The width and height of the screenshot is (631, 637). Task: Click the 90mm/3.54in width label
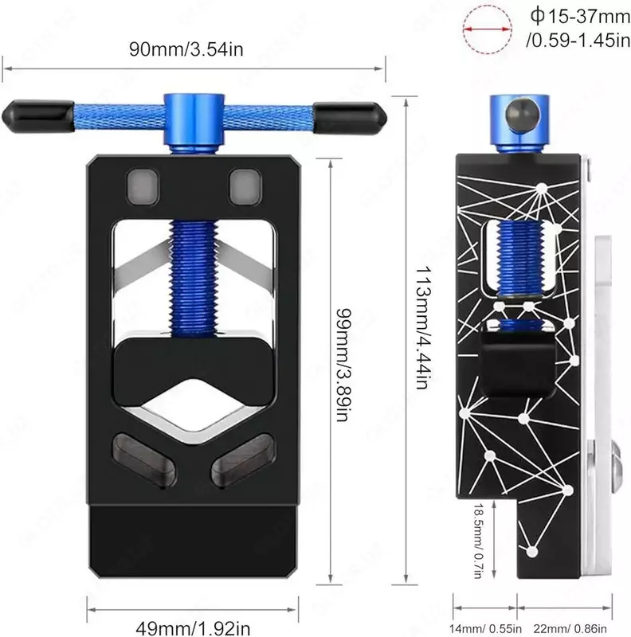(186, 49)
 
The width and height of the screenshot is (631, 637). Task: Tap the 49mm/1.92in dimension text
(193, 628)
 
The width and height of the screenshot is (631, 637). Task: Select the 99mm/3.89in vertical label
(343, 365)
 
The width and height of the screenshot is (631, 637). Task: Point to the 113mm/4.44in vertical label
(423, 327)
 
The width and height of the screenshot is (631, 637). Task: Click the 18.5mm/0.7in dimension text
(479, 541)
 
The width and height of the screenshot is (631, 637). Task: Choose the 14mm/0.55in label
(485, 628)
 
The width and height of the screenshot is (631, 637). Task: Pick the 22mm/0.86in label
(570, 628)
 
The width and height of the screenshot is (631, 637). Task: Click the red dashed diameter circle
(487, 29)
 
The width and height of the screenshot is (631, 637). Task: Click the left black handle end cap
(38, 116)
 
